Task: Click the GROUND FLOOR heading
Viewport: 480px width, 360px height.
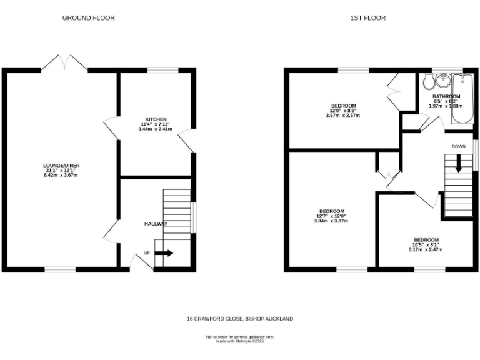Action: coord(88,18)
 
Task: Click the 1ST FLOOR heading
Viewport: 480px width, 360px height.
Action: coord(367,18)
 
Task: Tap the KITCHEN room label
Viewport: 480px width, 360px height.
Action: coord(156,119)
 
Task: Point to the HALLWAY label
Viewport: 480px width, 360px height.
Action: coord(156,223)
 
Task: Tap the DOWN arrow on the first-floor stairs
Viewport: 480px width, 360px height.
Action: coord(458,165)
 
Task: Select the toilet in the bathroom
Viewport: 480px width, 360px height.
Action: coord(428,82)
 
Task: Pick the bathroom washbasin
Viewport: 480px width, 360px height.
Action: coord(443,80)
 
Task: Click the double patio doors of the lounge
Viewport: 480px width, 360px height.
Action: coord(65,62)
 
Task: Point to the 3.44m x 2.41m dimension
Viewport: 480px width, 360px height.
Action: coord(156,129)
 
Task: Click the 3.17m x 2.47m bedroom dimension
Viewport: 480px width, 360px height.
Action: coord(426,250)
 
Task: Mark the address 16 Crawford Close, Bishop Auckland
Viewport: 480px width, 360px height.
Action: coord(239,319)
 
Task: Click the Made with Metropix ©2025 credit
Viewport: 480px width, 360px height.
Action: coord(240,341)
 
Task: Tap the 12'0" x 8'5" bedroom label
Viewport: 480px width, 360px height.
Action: coord(343,110)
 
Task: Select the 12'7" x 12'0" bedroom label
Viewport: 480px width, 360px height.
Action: coord(331,216)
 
